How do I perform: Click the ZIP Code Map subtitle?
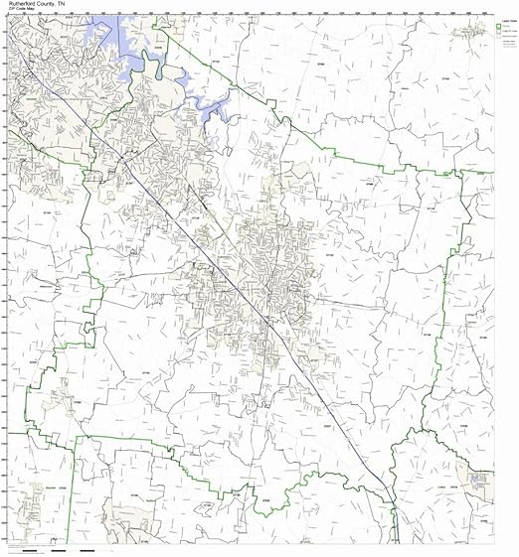[25, 11]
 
